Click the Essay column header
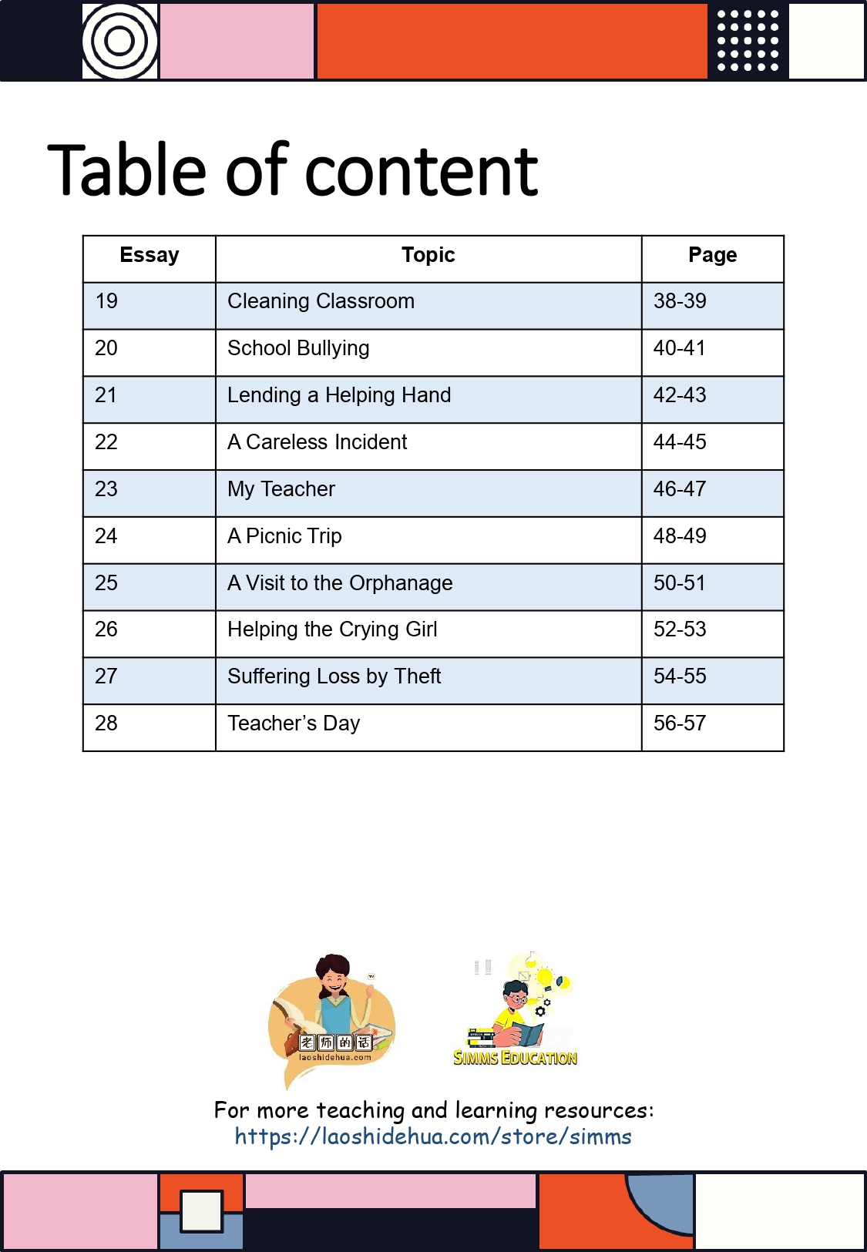(x=150, y=255)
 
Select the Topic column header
(x=428, y=255)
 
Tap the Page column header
(x=712, y=255)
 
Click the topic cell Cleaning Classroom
(x=321, y=301)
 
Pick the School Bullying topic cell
(x=298, y=348)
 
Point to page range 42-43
(x=680, y=395)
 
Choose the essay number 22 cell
(x=106, y=442)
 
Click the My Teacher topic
(x=281, y=489)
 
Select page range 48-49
(x=680, y=536)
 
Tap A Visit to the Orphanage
(x=340, y=583)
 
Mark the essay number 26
(x=106, y=629)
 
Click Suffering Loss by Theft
(x=334, y=676)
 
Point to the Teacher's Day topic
(x=294, y=723)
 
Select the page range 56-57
(x=680, y=723)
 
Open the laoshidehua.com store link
(x=433, y=1136)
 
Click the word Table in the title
(x=126, y=171)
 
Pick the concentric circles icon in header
(x=120, y=41)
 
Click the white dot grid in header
(x=748, y=41)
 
